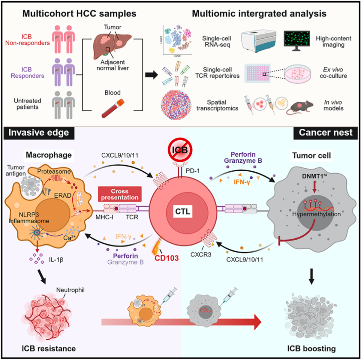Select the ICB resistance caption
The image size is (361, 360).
click(47, 348)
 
